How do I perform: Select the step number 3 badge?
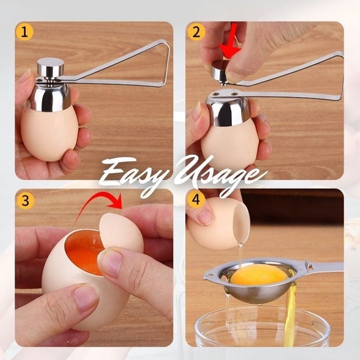pyautogui.click(x=24, y=200)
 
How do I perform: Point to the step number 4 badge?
pyautogui.click(x=195, y=200)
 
